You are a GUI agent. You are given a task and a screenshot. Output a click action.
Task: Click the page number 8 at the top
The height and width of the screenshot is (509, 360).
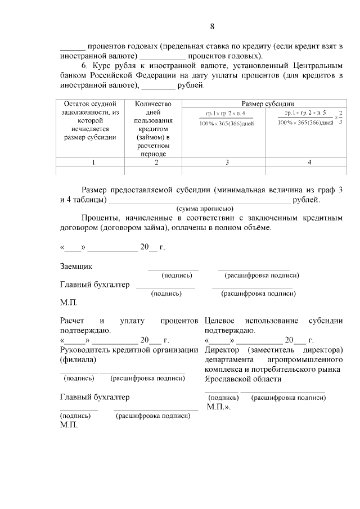[x=212, y=26]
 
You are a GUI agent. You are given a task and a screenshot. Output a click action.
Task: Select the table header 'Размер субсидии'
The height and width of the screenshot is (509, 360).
[x=268, y=104]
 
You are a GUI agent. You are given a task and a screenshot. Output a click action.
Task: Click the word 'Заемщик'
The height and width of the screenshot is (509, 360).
[x=76, y=266]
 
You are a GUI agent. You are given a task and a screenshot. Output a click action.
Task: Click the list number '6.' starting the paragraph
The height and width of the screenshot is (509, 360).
[x=85, y=66]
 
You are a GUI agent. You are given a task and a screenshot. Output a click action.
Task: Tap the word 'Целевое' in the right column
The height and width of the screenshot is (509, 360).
[x=223, y=321]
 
